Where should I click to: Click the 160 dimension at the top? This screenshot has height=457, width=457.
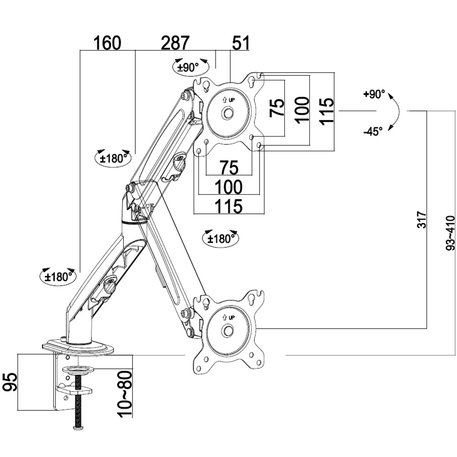pos(107,43)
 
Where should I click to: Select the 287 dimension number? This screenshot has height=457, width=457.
pos(175,43)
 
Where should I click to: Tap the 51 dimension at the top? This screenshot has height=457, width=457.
pos(241,43)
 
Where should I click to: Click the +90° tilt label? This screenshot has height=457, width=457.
pos(374,94)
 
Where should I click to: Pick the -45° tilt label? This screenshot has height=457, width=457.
pos(373,132)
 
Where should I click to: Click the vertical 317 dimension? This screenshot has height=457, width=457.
pos(422,219)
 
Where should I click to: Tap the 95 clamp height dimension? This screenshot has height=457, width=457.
pos(10,382)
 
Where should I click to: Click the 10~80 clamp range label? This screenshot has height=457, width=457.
pos(125,394)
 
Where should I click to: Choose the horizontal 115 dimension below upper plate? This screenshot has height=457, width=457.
pos(229,206)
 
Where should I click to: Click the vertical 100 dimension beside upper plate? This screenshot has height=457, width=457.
pos(302,110)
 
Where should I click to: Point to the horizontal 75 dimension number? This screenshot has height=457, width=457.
pos(229,168)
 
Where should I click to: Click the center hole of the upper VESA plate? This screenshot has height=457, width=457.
pos(228,113)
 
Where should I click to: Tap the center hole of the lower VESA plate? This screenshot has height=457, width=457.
pos(228,331)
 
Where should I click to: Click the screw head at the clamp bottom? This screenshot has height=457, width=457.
pos(78,428)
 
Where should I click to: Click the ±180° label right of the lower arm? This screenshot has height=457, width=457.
pos(221,239)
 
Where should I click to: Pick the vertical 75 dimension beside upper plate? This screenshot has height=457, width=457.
pos(277,107)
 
